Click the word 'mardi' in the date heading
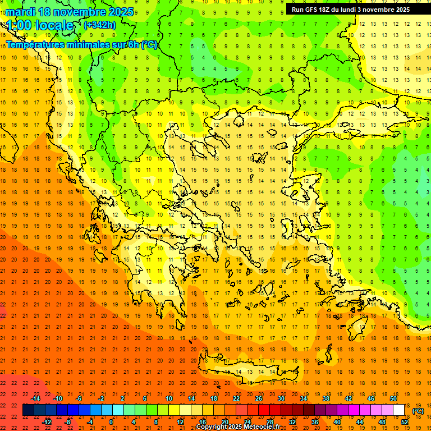coord(20,12)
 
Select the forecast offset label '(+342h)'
coord(100,25)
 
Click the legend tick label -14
coord(36,398)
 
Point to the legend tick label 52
coord(405,422)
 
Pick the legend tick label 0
coord(111,422)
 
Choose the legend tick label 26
coord(258,398)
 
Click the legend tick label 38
coord(325,398)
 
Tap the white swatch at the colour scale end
coord(398,410)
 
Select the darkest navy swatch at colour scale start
coord(28,410)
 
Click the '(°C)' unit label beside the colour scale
coord(418,411)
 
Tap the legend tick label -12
coord(47,422)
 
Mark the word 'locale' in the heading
coord(56,25)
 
